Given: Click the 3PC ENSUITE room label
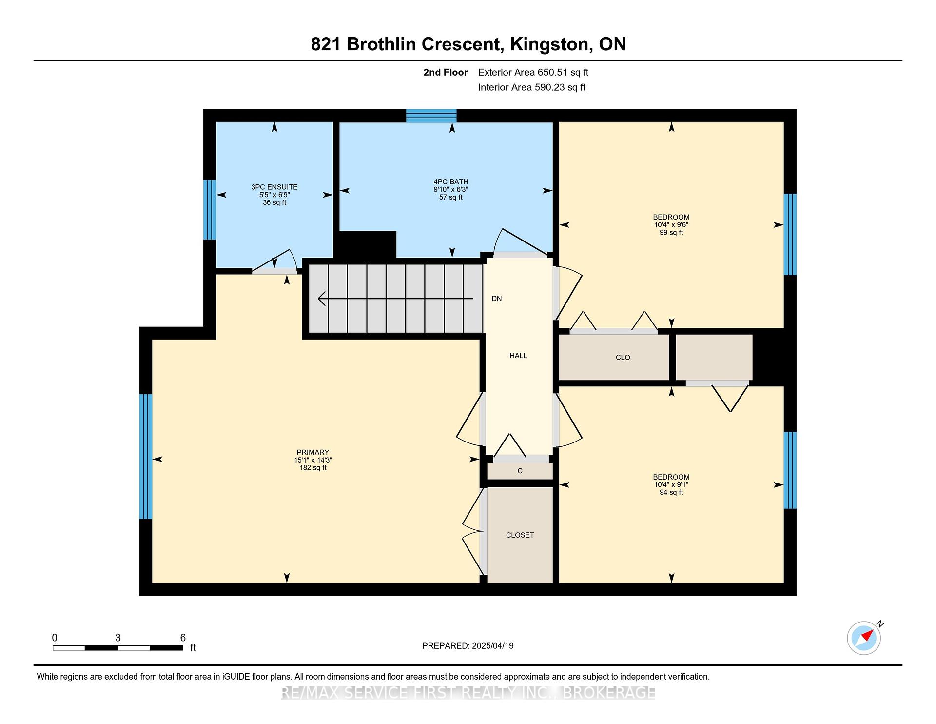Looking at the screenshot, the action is click(x=274, y=187).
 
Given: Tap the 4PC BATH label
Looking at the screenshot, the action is click(x=451, y=182).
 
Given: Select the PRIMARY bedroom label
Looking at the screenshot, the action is click(x=313, y=452).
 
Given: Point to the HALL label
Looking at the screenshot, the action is click(x=518, y=356).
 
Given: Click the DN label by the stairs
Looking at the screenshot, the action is click(x=497, y=299).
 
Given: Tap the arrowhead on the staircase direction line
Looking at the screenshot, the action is click(x=322, y=299).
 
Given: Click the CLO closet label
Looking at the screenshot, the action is click(x=623, y=357).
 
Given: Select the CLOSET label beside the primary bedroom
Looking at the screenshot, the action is click(x=520, y=535).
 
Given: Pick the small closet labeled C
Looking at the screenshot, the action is click(x=520, y=471).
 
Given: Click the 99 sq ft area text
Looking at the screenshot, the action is click(x=671, y=233).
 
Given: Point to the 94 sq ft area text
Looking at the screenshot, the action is click(x=671, y=493).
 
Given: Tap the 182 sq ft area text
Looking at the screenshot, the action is click(x=313, y=468).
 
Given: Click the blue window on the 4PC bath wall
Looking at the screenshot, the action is click(x=431, y=116).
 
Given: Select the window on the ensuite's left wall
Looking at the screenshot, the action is click(x=210, y=210).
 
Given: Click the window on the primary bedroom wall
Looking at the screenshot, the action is click(x=146, y=457).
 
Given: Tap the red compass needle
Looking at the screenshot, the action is click(x=867, y=636).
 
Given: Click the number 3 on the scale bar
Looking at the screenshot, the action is click(x=118, y=638).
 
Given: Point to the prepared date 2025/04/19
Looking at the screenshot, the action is click(x=493, y=646).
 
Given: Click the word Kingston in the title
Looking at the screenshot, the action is click(x=550, y=44).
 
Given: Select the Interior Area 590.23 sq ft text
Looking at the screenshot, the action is click(x=532, y=87).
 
